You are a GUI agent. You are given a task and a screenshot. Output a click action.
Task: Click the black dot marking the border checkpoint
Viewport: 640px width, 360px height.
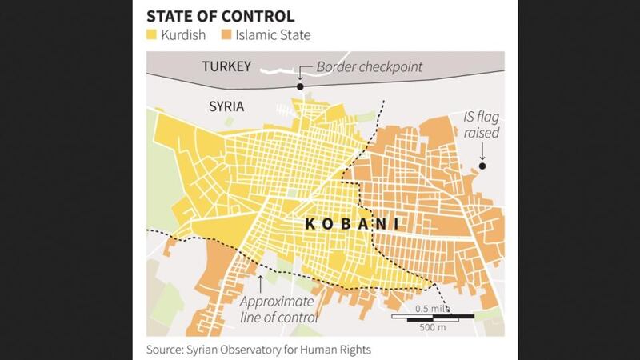[x=300, y=86]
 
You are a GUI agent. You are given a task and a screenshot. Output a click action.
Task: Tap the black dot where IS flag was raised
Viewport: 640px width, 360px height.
[x=482, y=166]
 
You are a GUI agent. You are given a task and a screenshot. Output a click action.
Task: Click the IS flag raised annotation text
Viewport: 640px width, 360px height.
[x=482, y=124]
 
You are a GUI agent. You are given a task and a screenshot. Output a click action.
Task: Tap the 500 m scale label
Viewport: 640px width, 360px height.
[x=433, y=326]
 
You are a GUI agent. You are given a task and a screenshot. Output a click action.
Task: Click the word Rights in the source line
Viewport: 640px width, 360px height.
[x=354, y=349]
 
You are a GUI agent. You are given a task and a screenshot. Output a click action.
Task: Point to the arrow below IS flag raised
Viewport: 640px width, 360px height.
[x=482, y=150]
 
